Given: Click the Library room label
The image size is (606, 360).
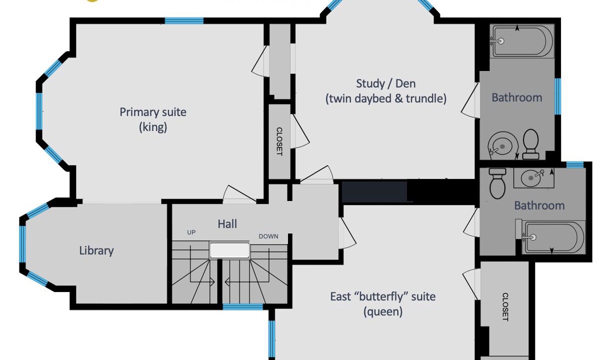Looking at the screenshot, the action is (x=96, y=250).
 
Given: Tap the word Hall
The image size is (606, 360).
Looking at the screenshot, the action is (x=227, y=224).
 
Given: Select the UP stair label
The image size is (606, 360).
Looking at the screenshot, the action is (x=191, y=232).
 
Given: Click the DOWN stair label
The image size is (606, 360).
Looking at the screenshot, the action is (x=268, y=236).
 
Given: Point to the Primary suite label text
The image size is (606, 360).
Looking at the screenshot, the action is (x=153, y=119).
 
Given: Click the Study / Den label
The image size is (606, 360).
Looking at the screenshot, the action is (x=386, y=91).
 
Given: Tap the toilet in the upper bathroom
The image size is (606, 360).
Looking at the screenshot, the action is (x=531, y=144).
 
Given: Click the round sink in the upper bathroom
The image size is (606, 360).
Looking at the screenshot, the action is (x=502, y=146).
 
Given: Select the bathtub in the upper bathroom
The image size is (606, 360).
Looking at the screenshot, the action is (x=522, y=41).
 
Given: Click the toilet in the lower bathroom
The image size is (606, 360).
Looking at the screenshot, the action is (x=497, y=183).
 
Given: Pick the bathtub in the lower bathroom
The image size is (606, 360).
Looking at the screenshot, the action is (x=553, y=237).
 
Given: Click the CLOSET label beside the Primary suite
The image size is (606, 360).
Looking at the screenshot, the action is (x=279, y=141).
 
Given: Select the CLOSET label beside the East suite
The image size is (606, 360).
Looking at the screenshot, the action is (x=505, y=306).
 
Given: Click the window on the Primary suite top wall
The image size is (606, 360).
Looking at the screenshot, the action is (x=184, y=21).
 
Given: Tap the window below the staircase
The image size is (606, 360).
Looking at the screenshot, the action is (x=242, y=306).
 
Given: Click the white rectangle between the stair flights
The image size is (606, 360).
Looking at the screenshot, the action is (x=229, y=250).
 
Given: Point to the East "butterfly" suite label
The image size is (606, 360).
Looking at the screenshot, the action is (x=383, y=304).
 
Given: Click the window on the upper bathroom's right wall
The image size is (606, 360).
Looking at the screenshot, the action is (x=557, y=96).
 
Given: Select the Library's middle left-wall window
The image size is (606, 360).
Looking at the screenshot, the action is (x=22, y=244).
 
